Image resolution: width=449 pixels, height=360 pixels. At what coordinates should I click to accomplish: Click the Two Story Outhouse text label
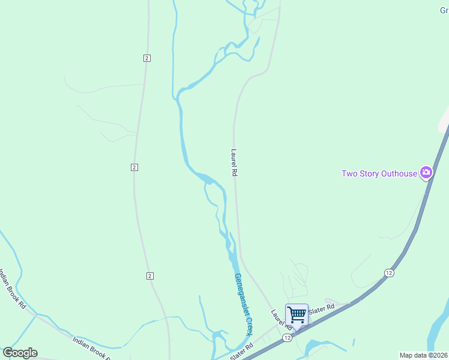coord(379,173)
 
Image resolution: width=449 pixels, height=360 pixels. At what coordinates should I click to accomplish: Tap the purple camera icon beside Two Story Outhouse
coord(426,173)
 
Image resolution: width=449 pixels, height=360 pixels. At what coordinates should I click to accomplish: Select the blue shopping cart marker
coord(297,314)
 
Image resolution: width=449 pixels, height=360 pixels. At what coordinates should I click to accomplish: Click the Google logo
coord(20,353)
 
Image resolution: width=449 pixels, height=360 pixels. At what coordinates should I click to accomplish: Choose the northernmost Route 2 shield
coord(146,58)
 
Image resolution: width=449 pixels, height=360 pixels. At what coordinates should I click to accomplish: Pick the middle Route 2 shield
coord(134,167)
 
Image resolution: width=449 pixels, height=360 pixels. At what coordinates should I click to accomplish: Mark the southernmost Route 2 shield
coord(150,275)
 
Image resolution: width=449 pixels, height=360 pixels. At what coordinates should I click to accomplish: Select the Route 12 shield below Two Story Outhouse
coord(389,273)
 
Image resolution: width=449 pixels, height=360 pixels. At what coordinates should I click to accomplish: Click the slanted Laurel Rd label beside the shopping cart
coord(280,319)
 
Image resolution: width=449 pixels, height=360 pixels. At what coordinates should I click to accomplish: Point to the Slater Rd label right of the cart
coord(322,308)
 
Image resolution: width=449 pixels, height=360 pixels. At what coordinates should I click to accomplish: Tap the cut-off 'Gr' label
coord(444,10)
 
